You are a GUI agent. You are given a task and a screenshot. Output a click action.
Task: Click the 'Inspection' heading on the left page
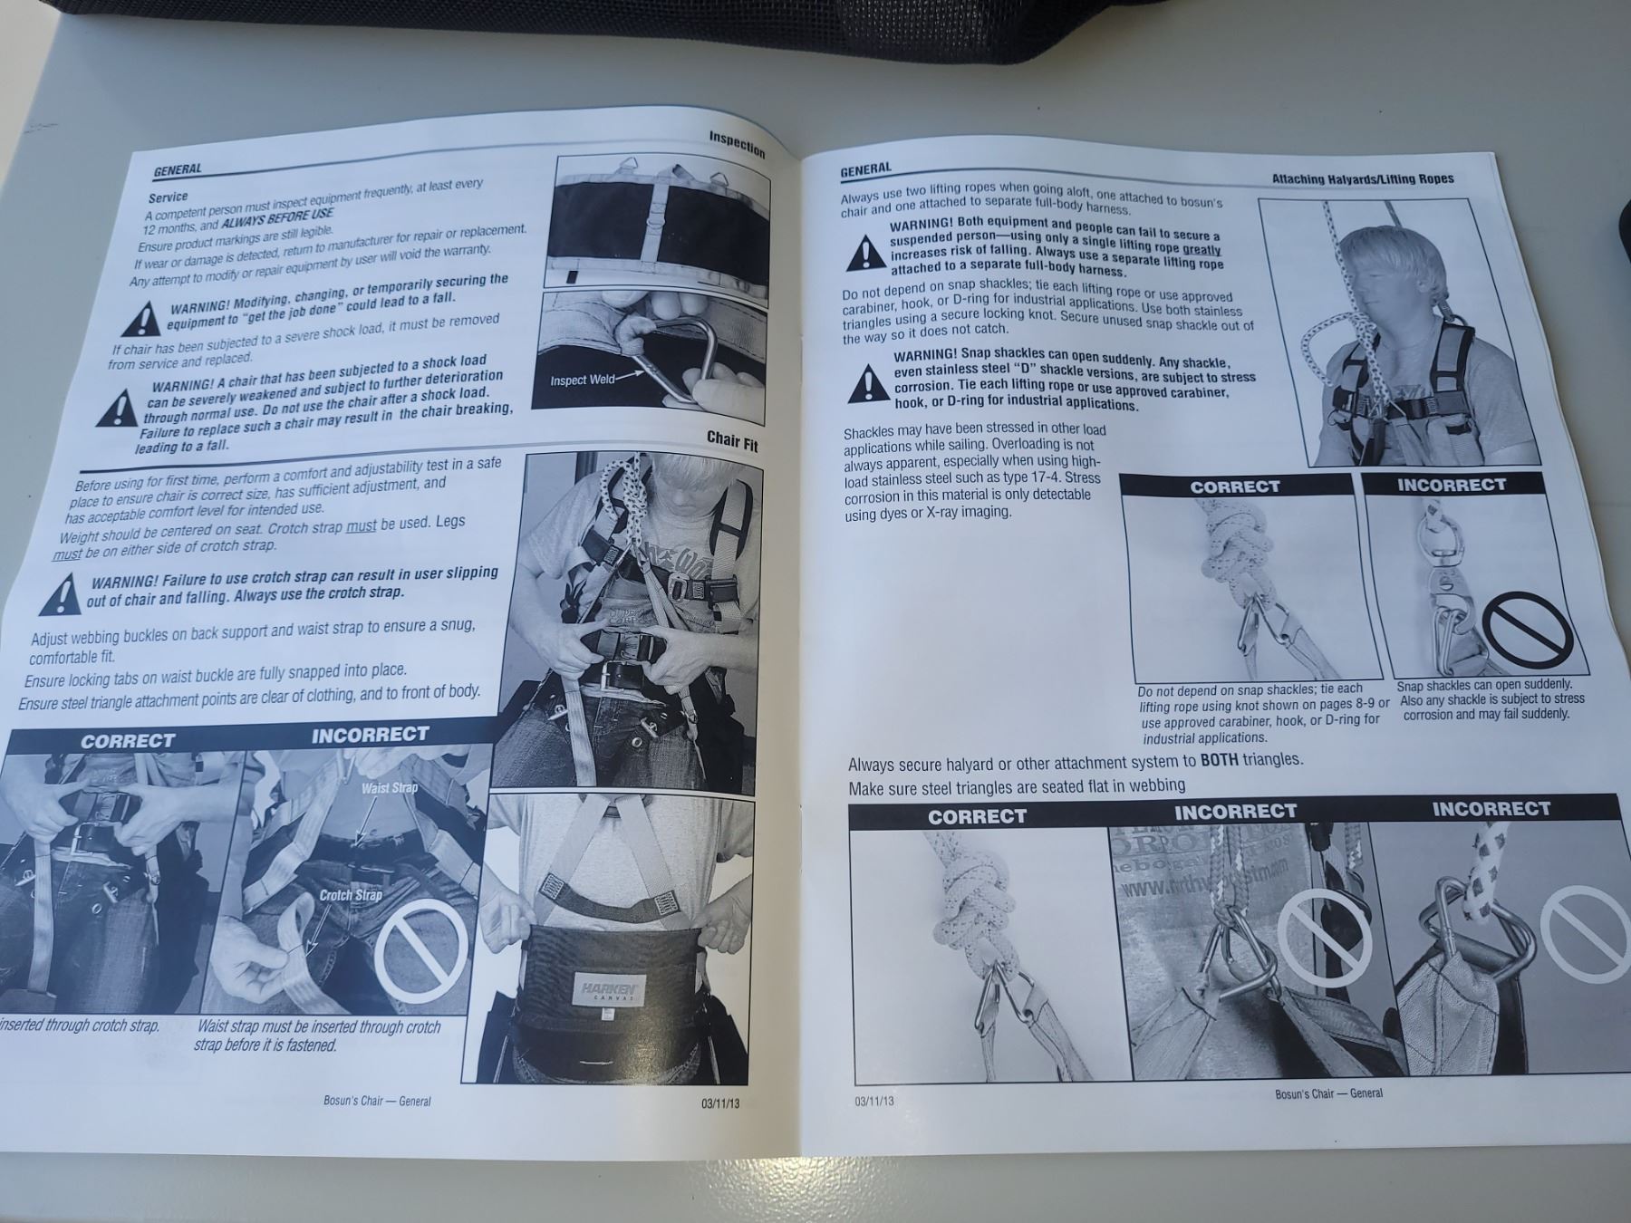[x=737, y=144]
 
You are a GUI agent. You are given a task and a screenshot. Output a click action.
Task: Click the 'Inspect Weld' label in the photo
[x=583, y=380]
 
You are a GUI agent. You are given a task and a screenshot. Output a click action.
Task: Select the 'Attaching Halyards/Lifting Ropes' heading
[x=1363, y=178]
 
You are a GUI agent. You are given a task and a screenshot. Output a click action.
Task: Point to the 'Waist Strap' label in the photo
[x=390, y=787]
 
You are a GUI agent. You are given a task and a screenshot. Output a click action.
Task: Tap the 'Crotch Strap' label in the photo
[x=351, y=895]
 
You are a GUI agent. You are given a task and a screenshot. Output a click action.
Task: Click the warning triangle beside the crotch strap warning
[x=61, y=594]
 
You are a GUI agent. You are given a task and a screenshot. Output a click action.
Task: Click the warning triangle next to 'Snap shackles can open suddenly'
[x=868, y=383]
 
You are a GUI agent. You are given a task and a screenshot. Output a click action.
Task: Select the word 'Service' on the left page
[x=169, y=197]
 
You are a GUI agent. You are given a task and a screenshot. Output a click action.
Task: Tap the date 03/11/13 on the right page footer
[x=873, y=1101]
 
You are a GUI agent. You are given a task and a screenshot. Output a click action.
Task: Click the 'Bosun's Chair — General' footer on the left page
[x=377, y=1101]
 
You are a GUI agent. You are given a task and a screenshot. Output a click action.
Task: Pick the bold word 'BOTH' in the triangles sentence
[x=1220, y=759]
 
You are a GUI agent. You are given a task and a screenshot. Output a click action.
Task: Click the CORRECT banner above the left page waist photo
[x=127, y=740]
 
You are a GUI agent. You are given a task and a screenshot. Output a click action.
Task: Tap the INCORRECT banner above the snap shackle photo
[x=1452, y=485]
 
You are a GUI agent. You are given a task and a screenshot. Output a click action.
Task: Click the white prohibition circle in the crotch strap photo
[x=422, y=946]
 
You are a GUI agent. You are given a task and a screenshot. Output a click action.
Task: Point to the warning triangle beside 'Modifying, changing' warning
[x=141, y=318]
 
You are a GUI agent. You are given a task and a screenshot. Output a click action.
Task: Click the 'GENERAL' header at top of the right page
[x=865, y=169]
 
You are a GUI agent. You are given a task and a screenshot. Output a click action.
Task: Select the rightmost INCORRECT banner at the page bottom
[x=1491, y=808]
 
